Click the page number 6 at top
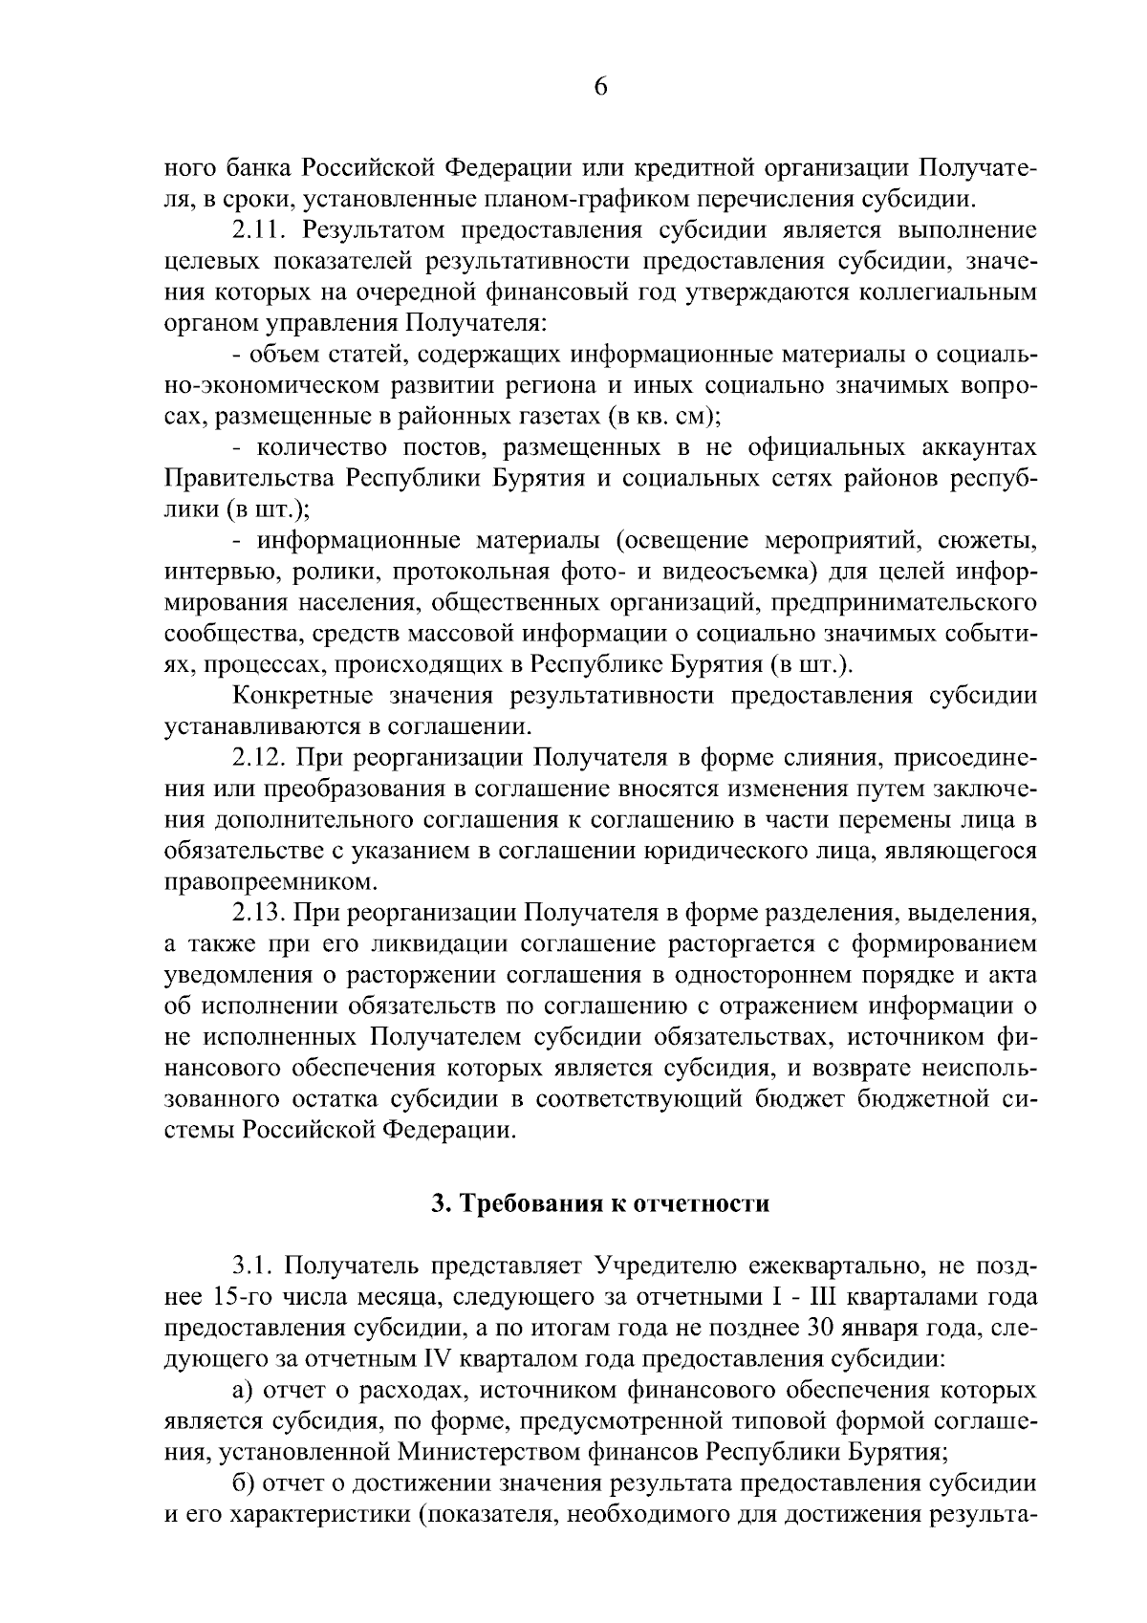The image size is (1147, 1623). point(600,87)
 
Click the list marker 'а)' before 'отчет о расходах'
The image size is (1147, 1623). point(242,1392)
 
